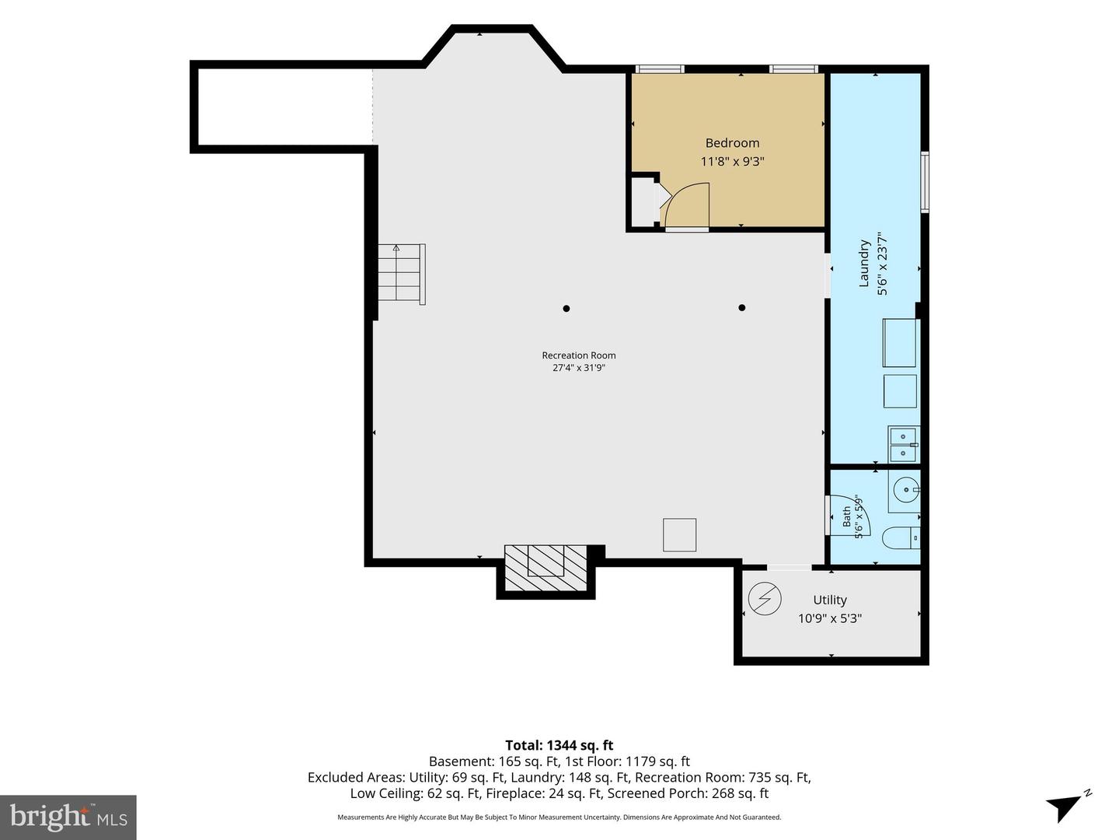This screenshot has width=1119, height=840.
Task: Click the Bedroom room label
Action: click(x=732, y=143)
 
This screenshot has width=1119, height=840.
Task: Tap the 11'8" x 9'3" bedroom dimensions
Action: click(x=732, y=162)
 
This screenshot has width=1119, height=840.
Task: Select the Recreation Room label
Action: click(x=579, y=355)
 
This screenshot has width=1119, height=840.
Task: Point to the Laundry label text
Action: click(x=863, y=263)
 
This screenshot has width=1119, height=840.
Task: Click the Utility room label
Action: click(x=830, y=600)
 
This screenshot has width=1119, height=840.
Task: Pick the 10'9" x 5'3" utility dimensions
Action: click(x=830, y=618)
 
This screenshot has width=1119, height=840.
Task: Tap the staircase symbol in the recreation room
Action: click(x=401, y=275)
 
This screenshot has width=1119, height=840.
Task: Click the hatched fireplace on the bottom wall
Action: click(x=546, y=568)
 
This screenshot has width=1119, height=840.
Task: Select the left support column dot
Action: click(x=566, y=309)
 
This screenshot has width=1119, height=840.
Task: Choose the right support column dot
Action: click(x=742, y=307)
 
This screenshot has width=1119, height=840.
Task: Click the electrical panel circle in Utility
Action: click(x=765, y=599)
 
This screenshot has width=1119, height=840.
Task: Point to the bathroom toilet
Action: click(x=901, y=538)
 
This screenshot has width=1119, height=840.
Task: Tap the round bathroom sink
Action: click(x=906, y=490)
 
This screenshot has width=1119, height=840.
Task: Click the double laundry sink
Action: click(x=903, y=444)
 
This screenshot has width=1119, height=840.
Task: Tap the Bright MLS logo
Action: click(x=68, y=817)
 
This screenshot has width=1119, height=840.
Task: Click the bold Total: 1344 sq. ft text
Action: click(x=559, y=745)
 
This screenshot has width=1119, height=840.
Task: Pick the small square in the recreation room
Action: click(x=679, y=534)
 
